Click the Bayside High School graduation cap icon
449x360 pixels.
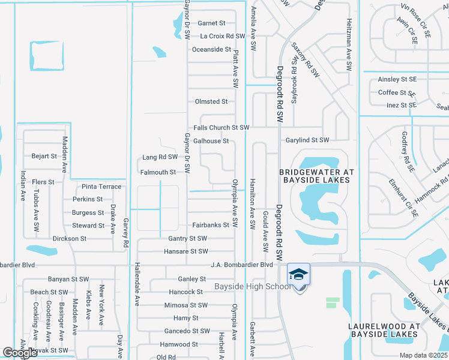(299, 274)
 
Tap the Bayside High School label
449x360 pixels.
(253, 287)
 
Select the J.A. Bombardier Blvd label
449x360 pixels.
(242, 265)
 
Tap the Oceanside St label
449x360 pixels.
(211, 49)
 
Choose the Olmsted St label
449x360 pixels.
(211, 102)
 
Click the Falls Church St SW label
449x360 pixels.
(221, 128)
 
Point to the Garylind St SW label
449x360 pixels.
(307, 140)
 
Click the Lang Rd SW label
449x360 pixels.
(160, 157)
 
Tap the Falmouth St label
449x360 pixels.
(158, 172)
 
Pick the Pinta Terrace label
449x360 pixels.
(101, 187)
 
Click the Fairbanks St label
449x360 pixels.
(211, 225)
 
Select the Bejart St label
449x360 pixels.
(44, 156)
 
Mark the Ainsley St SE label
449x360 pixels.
(397, 79)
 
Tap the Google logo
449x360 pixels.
(20, 353)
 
